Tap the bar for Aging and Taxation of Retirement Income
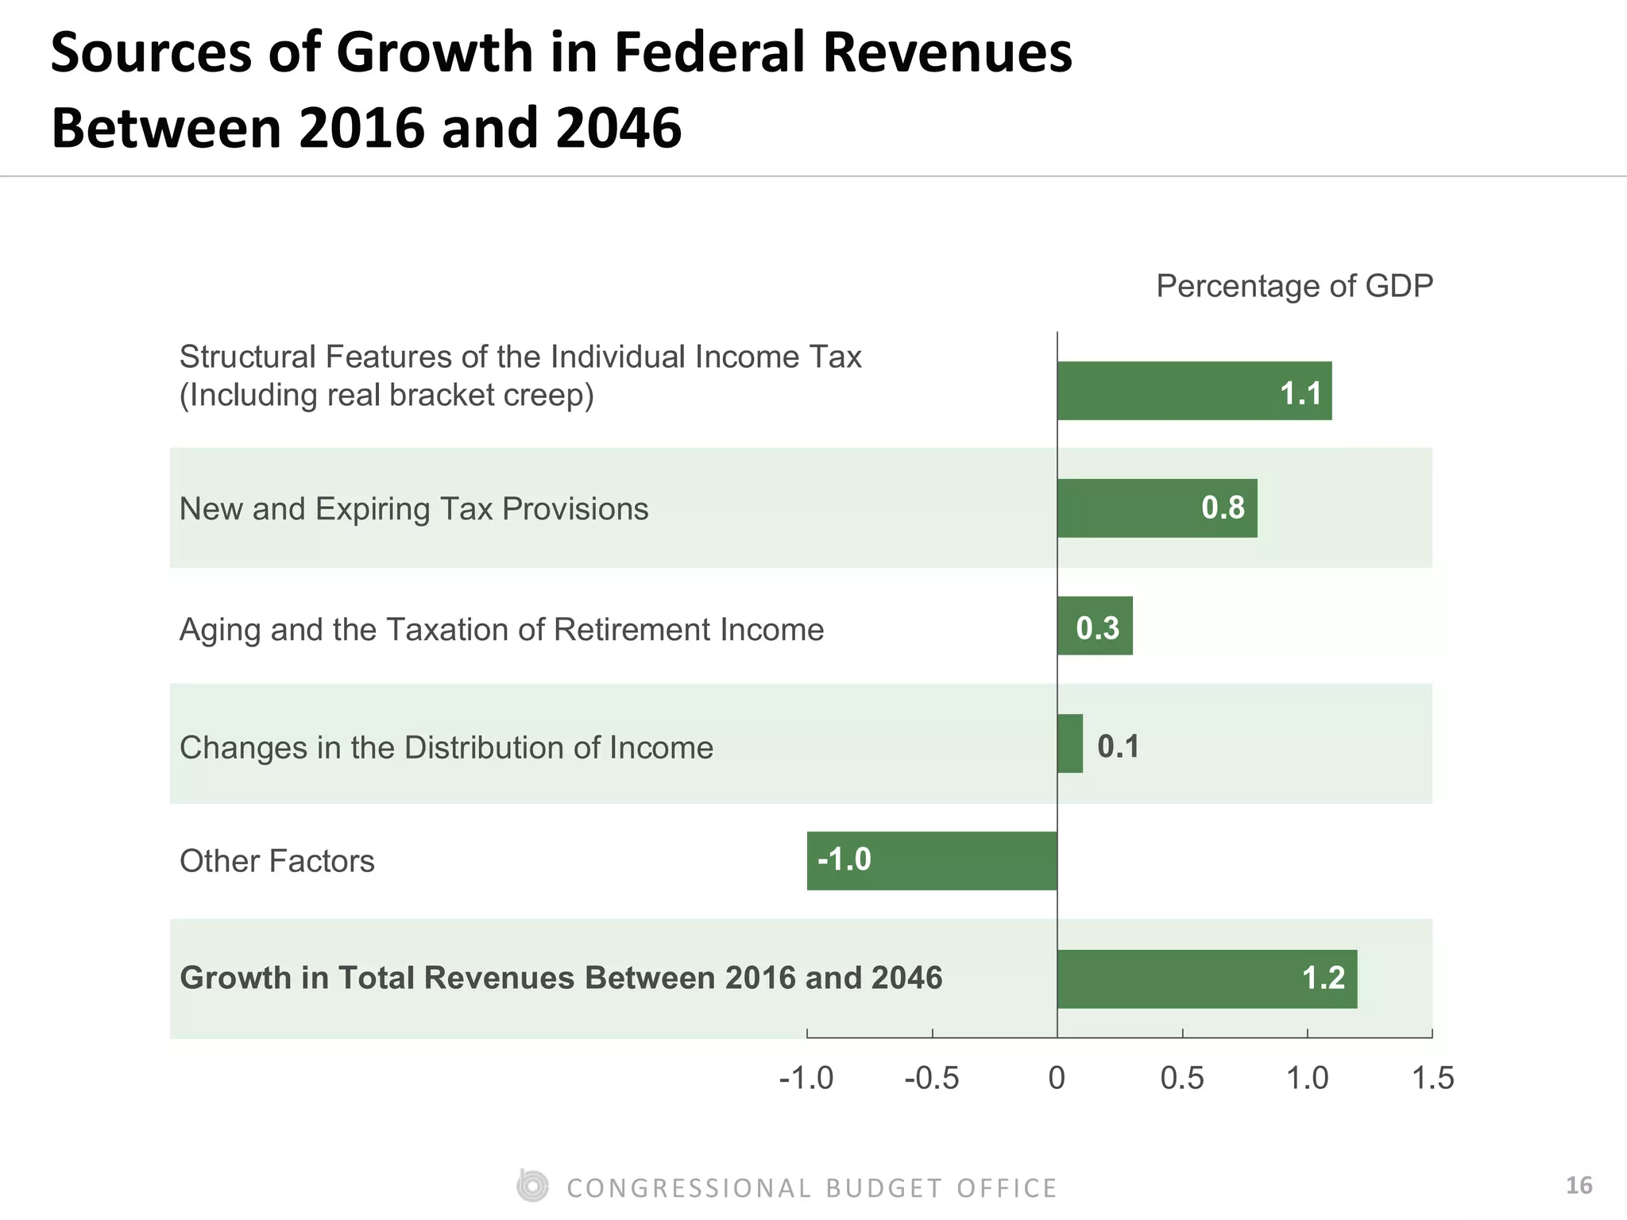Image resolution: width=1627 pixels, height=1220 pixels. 1095,626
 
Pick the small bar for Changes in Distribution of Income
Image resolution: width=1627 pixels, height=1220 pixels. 1070,743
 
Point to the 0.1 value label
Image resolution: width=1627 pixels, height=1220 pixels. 1118,747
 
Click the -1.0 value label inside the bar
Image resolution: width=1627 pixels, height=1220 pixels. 844,859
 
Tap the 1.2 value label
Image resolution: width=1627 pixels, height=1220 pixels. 1324,978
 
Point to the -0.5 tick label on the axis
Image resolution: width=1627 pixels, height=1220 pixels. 932,1079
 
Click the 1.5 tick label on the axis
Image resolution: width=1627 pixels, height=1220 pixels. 1432,1079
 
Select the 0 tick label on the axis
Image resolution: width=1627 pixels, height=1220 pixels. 1057,1079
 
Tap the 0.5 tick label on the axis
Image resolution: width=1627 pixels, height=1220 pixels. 1182,1079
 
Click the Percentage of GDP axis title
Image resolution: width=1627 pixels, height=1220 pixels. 1294,286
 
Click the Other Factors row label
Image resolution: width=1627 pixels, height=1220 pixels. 276,861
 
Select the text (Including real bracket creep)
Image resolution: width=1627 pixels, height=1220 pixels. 386,395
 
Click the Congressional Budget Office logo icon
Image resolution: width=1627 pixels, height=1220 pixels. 531,1186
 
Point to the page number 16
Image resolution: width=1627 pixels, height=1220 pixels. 1579,1186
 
